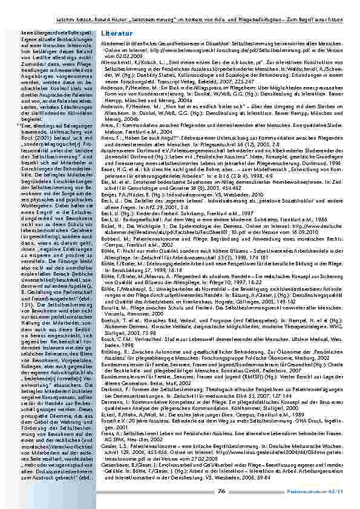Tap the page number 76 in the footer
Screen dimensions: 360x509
(221, 490)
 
